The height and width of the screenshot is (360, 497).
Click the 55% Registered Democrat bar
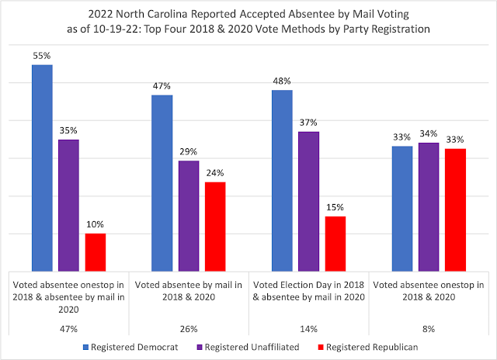click(x=42, y=167)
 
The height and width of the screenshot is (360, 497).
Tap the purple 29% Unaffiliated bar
click(x=189, y=215)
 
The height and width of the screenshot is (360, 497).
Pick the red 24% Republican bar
click(x=215, y=226)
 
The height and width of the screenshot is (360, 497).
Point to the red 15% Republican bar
click(x=335, y=243)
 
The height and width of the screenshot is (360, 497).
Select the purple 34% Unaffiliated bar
click(x=429, y=206)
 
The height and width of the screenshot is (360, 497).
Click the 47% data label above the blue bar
click(x=162, y=86)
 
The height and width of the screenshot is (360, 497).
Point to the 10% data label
click(x=96, y=224)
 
